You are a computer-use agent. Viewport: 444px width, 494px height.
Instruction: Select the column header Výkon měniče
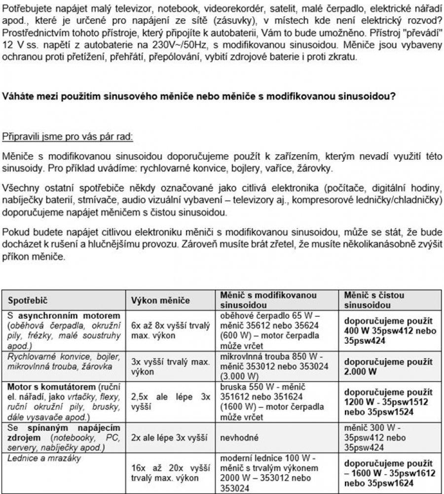coord(156,300)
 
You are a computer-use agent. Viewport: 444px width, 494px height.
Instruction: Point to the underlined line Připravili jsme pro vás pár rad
coord(68,136)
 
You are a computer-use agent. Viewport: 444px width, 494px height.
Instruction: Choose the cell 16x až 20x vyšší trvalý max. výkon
coord(170,473)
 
